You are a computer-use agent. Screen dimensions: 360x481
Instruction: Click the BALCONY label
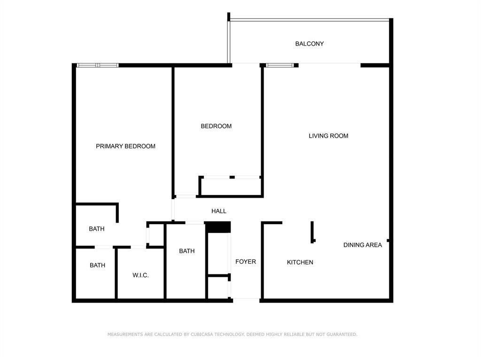(x=309, y=44)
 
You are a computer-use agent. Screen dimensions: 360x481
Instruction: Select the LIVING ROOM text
(x=328, y=136)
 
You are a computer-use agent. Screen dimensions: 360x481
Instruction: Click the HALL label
(x=219, y=211)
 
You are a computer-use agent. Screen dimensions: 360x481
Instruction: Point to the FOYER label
(x=246, y=261)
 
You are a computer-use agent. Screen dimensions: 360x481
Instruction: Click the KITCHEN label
(x=300, y=262)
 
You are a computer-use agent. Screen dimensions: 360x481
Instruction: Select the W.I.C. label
(x=140, y=275)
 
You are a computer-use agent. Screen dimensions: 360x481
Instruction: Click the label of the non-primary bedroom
(x=216, y=126)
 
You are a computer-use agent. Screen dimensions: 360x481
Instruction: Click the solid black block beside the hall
(x=218, y=227)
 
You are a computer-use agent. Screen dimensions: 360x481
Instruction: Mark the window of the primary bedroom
(x=97, y=65)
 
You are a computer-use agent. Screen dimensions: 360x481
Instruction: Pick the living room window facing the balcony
(x=280, y=65)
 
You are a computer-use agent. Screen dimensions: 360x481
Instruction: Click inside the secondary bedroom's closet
(x=230, y=187)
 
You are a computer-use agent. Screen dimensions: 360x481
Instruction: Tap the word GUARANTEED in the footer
(x=339, y=335)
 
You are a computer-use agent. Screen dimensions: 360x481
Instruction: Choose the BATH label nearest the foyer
(x=186, y=251)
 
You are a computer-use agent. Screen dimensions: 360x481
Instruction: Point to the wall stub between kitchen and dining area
(x=312, y=232)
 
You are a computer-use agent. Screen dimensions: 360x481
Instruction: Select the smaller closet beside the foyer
(x=217, y=287)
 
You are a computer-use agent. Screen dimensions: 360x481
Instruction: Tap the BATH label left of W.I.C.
(x=97, y=265)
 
